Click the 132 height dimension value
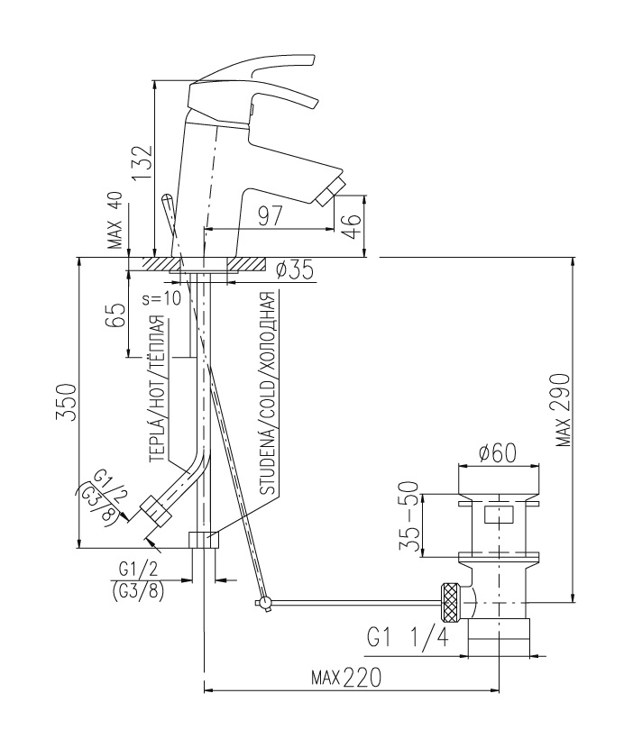click(142, 163)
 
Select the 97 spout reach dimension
click(271, 216)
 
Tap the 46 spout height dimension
click(352, 226)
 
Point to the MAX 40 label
click(115, 221)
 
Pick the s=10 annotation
click(162, 298)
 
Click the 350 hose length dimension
click(67, 401)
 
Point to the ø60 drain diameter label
click(498, 452)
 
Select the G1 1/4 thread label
click(408, 637)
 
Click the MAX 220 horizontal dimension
click(346, 677)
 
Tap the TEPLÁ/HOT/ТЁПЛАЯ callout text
click(158, 388)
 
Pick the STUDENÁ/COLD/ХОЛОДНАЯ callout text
click(267, 393)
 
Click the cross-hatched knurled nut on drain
click(451, 603)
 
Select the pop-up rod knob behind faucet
click(167, 206)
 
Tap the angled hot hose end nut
click(155, 511)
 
